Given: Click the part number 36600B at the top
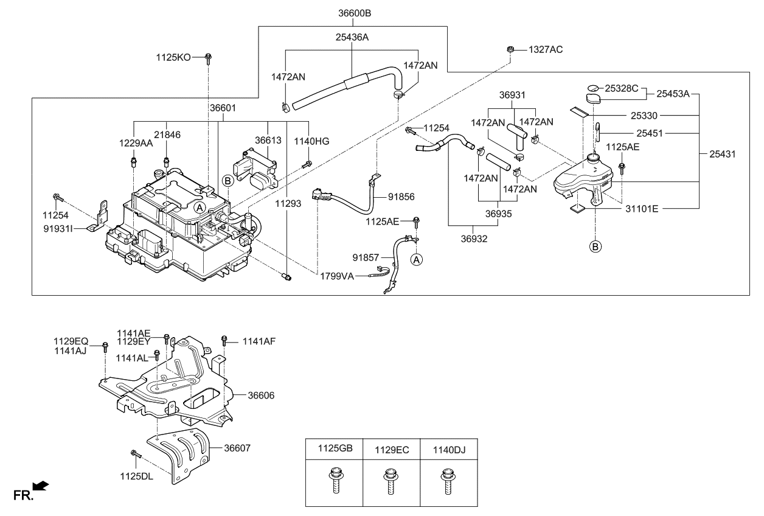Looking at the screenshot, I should coord(355,13).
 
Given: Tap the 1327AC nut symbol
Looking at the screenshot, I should coord(511,49).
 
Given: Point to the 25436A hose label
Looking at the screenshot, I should coord(352,37).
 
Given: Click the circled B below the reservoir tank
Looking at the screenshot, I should coord(595,247).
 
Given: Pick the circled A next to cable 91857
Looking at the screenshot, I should coord(417,259).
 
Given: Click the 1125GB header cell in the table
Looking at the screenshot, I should coord(335,449).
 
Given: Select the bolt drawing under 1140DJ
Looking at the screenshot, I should coord(448,481).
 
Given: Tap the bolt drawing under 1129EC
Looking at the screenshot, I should coord(390,481).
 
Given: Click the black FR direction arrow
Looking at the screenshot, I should coord(40,485).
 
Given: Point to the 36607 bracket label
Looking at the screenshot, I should coord(237,448).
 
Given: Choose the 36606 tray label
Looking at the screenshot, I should coord(261,396).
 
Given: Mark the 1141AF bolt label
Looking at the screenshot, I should coord(259,341).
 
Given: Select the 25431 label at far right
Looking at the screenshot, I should coord(722,155).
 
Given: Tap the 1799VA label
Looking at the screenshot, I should coord(337,276).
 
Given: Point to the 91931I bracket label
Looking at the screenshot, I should coord(58,229).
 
